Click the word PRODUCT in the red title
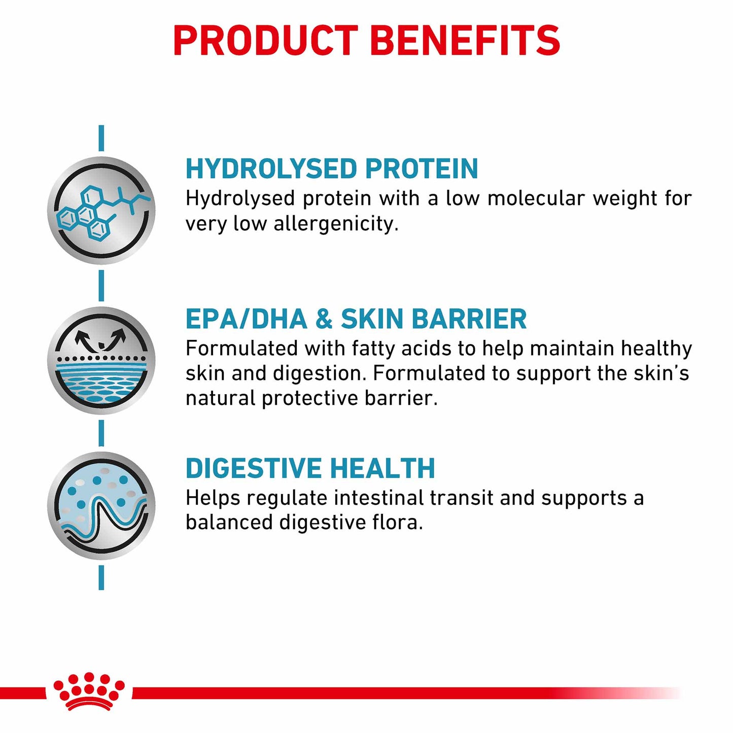tap(265, 41)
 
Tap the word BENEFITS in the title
tap(465, 41)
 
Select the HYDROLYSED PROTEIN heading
tap(331, 168)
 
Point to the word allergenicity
tap(336, 224)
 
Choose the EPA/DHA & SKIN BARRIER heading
tap(356, 319)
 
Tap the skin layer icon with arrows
tap(101, 360)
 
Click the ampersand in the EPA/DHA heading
tap(324, 319)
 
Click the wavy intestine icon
tap(101, 506)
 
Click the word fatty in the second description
tap(372, 349)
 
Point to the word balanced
tap(229, 522)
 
